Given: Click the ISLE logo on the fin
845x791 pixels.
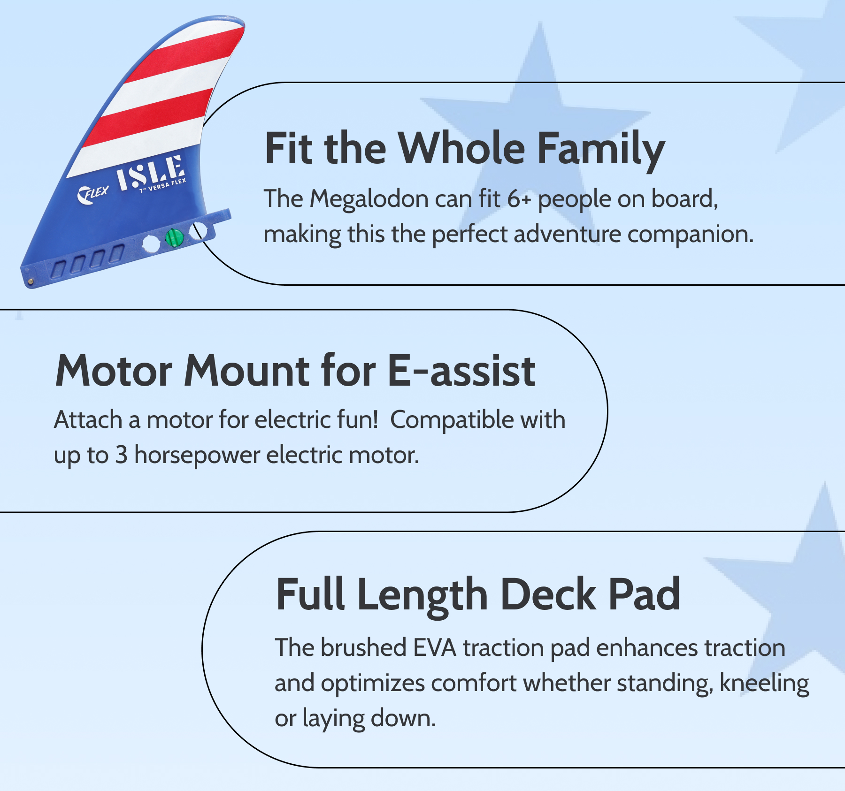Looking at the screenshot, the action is click(150, 173).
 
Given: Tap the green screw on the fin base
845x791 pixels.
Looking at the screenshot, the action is click(175, 237).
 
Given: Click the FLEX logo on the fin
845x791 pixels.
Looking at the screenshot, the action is click(93, 194).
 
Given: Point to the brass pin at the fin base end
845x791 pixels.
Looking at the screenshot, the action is click(31, 281).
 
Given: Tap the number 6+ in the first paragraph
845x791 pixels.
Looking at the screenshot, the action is click(519, 199).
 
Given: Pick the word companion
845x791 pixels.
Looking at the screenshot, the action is click(690, 235).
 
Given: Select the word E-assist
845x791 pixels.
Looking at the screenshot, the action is click(462, 371).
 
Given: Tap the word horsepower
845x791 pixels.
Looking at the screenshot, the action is click(197, 456).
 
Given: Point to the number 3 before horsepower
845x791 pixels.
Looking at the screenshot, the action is click(122, 455).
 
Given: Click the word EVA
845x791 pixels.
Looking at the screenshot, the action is click(435, 648).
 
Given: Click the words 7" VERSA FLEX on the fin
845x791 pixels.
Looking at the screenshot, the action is click(163, 186).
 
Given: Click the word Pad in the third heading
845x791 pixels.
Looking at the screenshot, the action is click(644, 594).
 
